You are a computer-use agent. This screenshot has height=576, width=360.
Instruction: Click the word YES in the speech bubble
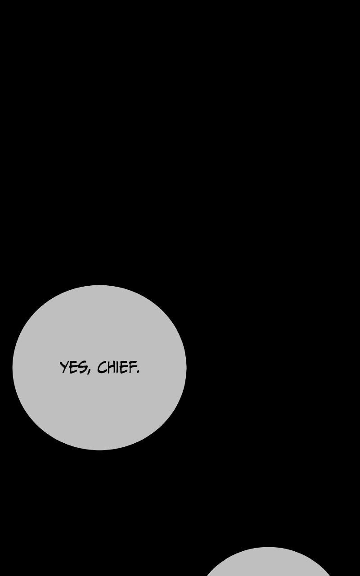tap(73, 367)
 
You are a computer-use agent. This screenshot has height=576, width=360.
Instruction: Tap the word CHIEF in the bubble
tap(117, 367)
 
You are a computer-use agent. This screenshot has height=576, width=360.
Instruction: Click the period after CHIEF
tap(138, 372)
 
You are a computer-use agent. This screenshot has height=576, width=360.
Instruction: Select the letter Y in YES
tap(64, 368)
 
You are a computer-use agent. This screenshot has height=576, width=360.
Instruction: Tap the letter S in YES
tap(83, 368)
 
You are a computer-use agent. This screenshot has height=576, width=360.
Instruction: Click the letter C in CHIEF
tap(101, 367)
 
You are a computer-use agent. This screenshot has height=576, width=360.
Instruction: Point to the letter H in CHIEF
tap(110, 367)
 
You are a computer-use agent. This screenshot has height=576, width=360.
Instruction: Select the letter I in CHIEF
tap(117, 367)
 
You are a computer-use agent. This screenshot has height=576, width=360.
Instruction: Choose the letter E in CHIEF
tap(123, 367)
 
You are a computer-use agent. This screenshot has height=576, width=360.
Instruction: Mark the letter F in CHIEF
tap(132, 367)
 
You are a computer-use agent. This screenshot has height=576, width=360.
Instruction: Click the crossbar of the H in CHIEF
tap(110, 367)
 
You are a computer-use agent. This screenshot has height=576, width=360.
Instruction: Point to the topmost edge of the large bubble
tap(99, 285)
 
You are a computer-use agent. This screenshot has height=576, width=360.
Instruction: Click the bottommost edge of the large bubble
tap(99, 450)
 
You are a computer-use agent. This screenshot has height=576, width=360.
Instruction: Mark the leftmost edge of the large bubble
tap(13, 368)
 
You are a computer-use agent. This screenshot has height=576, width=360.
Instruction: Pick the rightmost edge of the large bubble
tap(186, 368)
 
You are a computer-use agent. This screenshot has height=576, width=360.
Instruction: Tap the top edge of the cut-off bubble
tap(268, 547)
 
